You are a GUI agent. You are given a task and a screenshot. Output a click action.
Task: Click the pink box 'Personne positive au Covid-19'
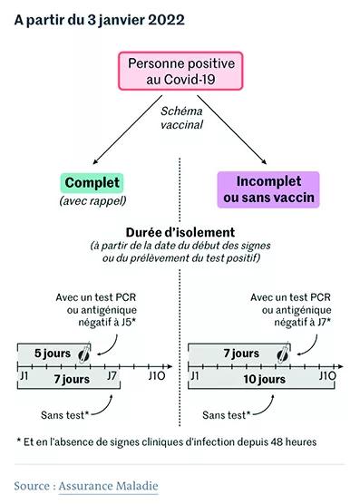180,71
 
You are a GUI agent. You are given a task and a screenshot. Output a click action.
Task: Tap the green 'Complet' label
92,182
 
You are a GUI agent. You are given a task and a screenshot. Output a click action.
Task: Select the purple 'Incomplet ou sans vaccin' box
268,189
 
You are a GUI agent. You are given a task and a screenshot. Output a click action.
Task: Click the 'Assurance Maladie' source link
108,486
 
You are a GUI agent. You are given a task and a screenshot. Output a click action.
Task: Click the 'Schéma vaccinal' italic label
181,118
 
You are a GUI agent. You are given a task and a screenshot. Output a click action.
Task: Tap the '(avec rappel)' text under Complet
92,201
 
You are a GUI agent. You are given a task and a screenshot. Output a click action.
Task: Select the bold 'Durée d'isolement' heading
180,232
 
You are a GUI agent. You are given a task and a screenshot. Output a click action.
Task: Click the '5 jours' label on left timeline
53,354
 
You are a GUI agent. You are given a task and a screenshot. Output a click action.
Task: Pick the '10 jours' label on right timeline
264,379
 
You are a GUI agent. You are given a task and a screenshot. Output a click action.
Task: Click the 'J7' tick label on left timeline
112,376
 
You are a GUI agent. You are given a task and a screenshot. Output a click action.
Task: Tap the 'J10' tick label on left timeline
157,376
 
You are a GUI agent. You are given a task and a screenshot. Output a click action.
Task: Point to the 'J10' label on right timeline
327,376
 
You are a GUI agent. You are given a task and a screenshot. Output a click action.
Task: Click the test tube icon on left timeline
85,353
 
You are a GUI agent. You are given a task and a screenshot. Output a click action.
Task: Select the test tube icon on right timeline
283,353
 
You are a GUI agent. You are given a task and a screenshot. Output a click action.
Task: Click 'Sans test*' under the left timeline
64,415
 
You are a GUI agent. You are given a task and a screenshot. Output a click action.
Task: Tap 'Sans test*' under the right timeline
227,415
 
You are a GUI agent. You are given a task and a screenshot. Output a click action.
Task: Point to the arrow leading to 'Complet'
128,130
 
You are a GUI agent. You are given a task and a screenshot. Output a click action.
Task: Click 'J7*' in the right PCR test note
324,322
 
